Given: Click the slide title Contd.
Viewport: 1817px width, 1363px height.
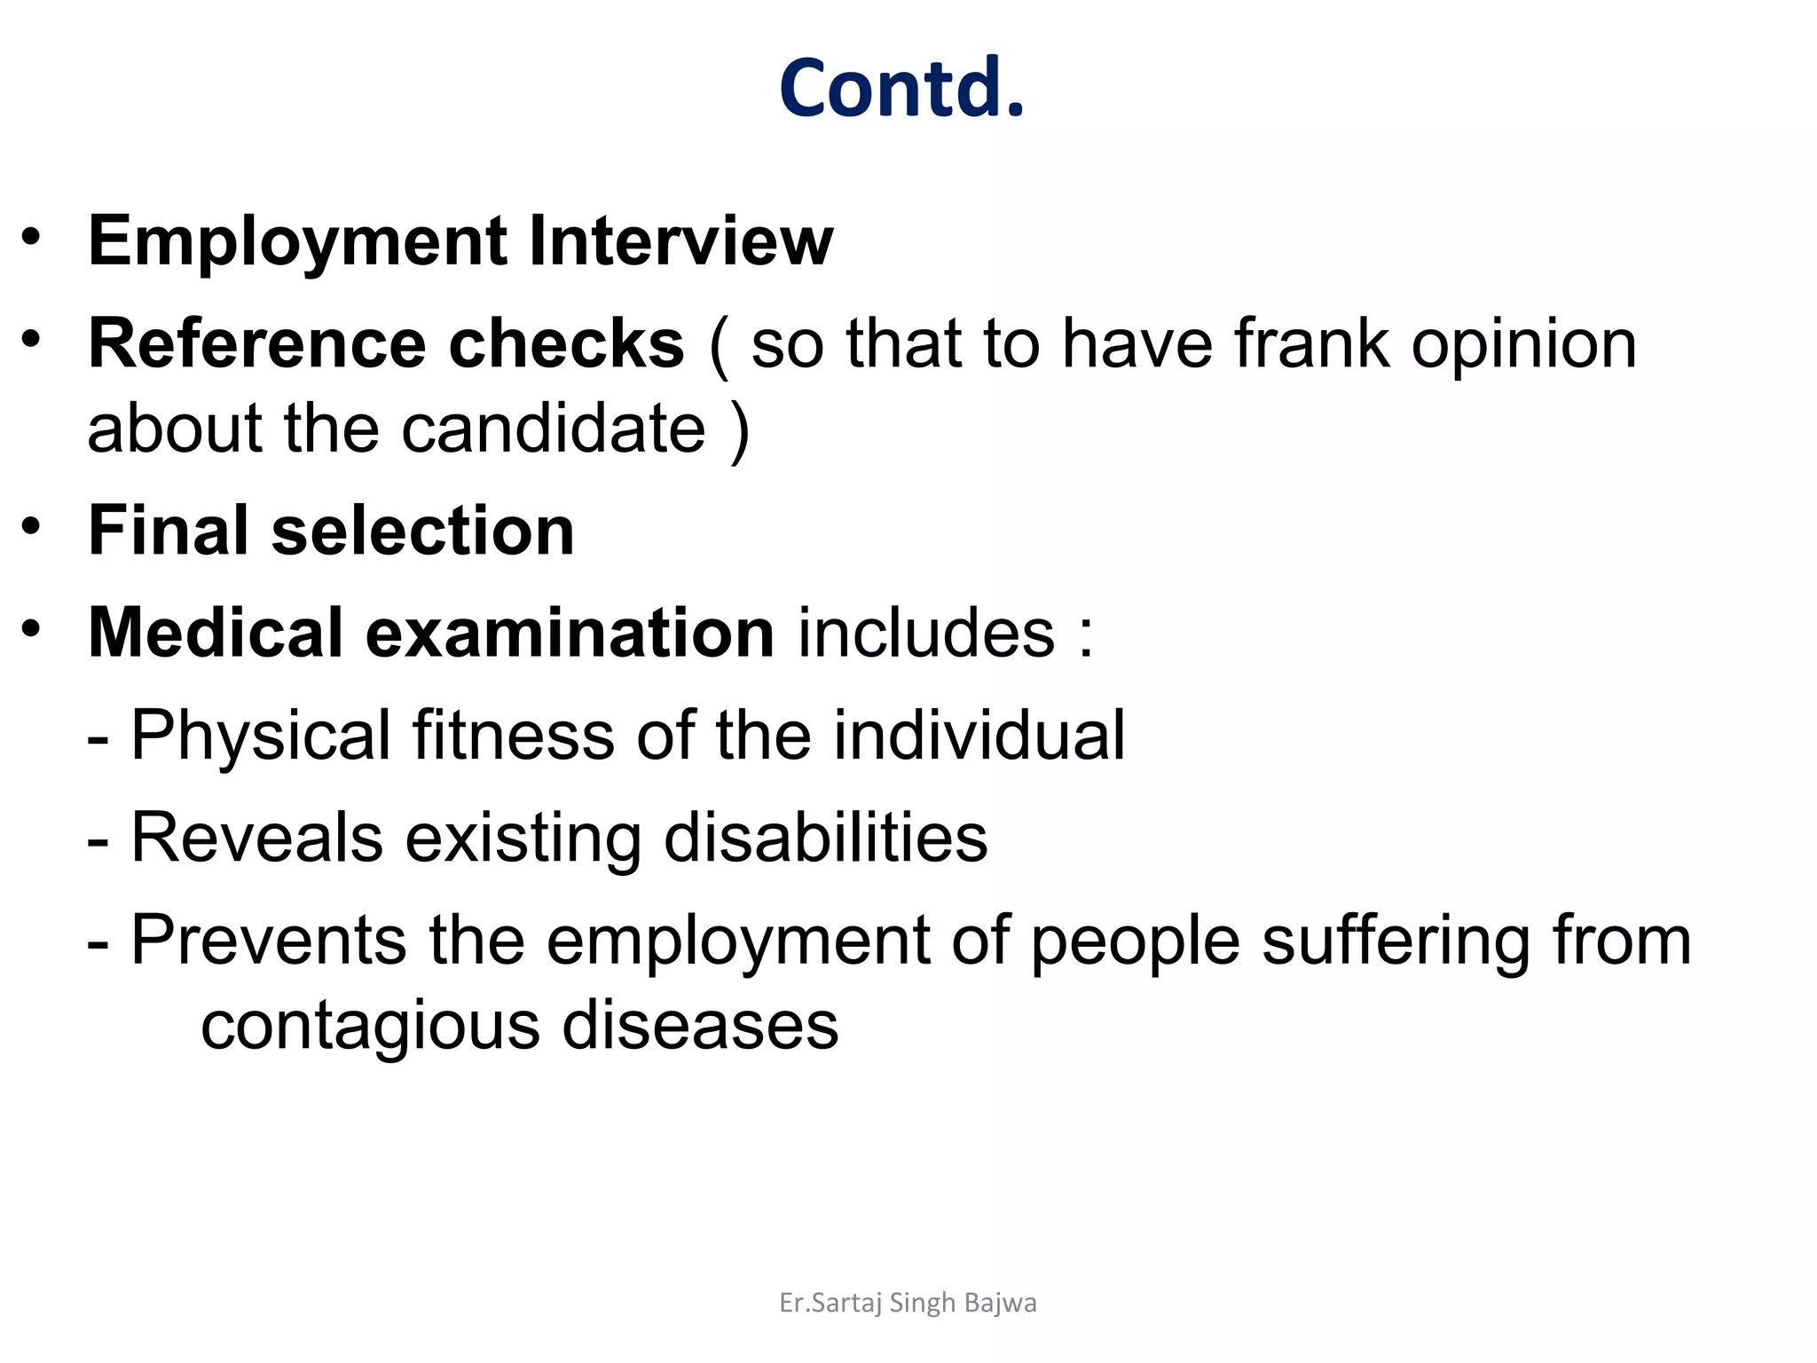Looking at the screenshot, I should (901, 88).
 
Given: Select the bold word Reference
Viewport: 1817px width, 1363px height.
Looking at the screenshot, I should (258, 343).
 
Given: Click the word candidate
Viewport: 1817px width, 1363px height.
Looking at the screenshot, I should (554, 429).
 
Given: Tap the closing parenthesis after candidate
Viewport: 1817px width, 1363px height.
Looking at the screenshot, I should (740, 430).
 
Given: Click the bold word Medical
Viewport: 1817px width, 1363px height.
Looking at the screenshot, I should (216, 633).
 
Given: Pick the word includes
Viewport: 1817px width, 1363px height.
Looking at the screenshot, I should (926, 633).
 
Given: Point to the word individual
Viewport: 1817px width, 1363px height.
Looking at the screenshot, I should (979, 736).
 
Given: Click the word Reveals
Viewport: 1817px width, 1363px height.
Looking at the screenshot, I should (256, 838).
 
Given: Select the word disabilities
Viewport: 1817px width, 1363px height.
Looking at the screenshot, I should (825, 838).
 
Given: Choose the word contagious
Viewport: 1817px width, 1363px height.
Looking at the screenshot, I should (370, 1027).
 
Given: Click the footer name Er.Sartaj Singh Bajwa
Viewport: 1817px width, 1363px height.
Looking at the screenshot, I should (908, 1303).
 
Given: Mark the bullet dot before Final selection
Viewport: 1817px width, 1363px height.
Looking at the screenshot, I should (32, 527).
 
